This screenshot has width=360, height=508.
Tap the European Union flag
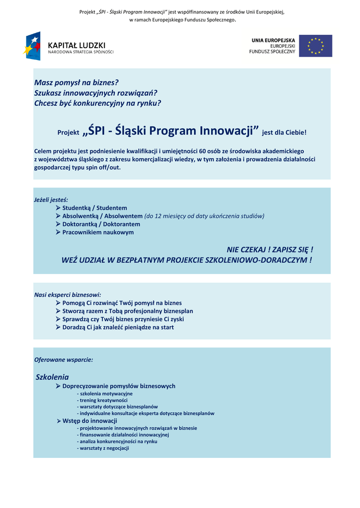[x=315, y=46]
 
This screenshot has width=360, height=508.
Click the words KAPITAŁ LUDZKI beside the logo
[x=76, y=45]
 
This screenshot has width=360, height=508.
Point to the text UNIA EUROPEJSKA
[x=273, y=40]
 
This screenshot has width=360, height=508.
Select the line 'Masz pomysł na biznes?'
[x=76, y=82]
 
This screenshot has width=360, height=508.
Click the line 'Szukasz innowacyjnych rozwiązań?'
[x=95, y=93]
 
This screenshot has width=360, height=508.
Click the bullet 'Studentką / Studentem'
[x=94, y=208]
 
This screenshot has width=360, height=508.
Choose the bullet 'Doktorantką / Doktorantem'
[x=101, y=224]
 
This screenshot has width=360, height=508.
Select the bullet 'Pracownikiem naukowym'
[x=98, y=232]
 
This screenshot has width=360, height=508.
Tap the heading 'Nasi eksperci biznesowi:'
[x=68, y=295]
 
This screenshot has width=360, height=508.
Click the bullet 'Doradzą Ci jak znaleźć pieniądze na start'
[x=118, y=327]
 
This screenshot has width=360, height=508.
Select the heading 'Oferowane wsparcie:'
[x=64, y=359]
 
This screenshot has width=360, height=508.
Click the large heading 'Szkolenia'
[x=52, y=377]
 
